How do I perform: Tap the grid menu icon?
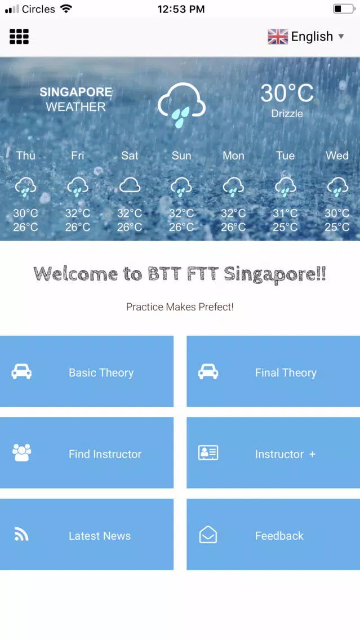19,36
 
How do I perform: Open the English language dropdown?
306,36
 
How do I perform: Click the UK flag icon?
278,37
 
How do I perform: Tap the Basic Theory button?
87,371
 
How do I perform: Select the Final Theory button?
273,371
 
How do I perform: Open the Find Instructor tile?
87,452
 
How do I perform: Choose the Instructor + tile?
273,452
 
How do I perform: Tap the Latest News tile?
87,534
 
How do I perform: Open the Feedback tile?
273,534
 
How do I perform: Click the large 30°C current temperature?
287,93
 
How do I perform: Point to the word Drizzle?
287,113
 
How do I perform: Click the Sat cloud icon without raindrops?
130,185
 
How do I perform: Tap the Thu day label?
26,155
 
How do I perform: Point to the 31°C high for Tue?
285,213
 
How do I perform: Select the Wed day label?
337,155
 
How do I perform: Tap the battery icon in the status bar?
344,9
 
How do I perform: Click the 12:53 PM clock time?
181,9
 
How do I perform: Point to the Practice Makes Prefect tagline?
180,307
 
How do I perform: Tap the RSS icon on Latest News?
21,534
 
